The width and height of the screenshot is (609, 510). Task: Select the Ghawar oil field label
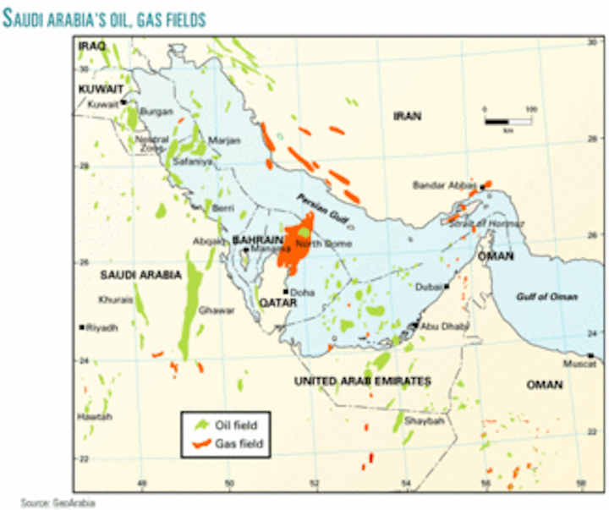pos(217,310)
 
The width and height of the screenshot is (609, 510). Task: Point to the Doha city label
pos(303,292)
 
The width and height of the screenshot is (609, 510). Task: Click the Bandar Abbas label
pos(443,185)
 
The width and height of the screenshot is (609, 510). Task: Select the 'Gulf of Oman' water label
pos(547,297)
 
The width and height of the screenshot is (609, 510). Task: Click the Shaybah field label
pos(424,420)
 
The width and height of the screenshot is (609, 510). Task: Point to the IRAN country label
pos(406,117)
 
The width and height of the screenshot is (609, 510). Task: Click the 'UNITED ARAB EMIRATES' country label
pos(362,382)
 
